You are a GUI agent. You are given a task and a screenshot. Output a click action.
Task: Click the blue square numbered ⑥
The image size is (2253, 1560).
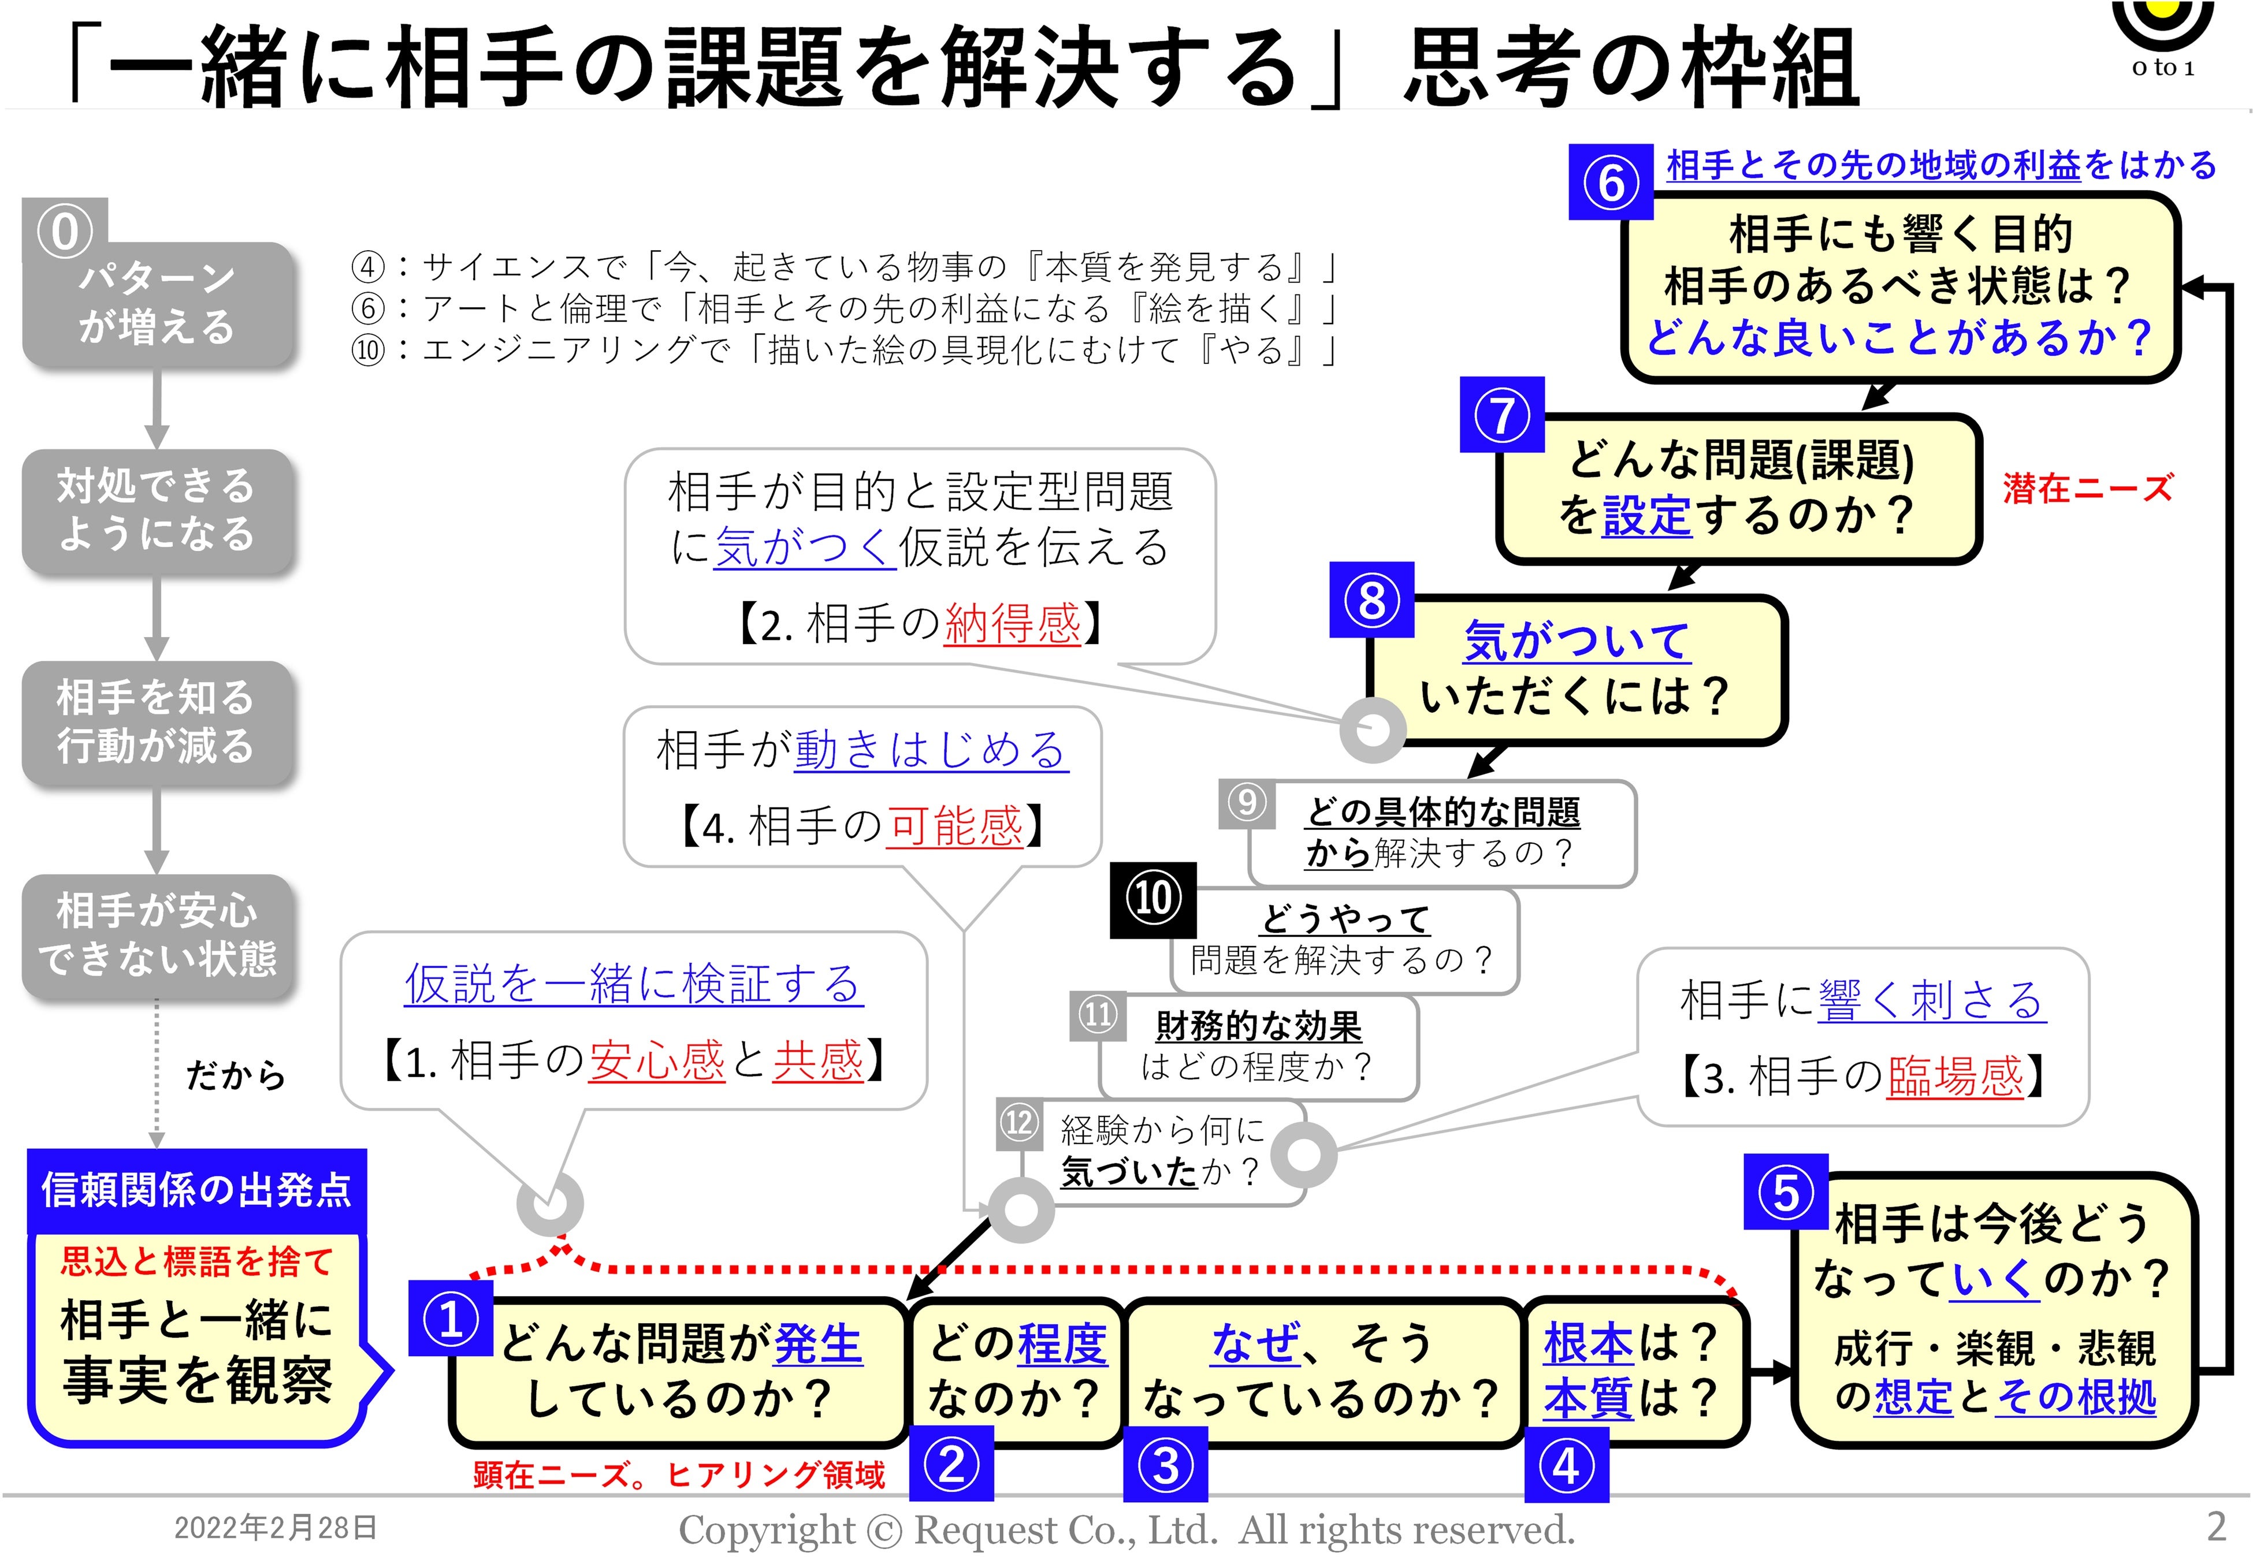[1610, 183]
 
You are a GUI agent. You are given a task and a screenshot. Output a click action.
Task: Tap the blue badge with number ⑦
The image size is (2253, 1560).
[1501, 415]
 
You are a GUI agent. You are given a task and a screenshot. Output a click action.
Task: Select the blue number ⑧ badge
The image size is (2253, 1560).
[1371, 599]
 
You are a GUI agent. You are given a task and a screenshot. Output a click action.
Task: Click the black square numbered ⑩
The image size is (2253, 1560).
[1152, 898]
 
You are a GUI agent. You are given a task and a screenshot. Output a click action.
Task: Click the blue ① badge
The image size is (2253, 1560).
[451, 1319]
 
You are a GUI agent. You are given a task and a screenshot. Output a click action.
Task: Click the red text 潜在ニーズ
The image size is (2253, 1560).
[2087, 487]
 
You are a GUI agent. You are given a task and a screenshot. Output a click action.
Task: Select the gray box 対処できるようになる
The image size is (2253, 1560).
[157, 510]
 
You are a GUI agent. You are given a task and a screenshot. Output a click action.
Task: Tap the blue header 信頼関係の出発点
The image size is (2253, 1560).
[196, 1190]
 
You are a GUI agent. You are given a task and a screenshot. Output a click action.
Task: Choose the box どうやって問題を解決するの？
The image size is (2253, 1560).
[1344, 940]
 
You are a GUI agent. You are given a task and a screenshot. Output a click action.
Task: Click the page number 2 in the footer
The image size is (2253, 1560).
[2216, 1526]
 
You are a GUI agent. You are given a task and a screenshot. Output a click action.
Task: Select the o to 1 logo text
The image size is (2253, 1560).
[2163, 68]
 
